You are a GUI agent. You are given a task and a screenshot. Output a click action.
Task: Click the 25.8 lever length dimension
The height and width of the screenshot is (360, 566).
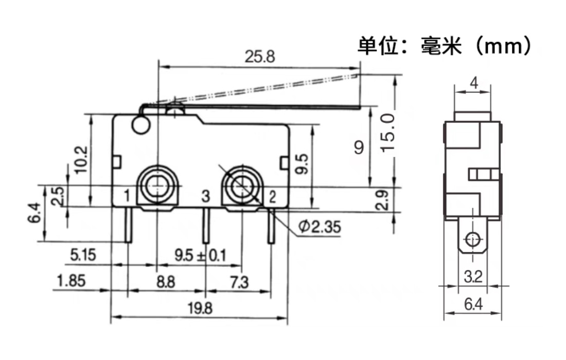tap(259, 57)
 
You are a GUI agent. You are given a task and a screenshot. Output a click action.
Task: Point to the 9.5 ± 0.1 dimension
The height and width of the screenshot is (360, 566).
tap(200, 255)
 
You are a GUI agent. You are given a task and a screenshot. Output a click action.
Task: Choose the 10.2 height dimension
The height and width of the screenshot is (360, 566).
tap(81, 159)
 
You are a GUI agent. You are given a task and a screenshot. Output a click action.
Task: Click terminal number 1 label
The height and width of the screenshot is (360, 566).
tap(125, 195)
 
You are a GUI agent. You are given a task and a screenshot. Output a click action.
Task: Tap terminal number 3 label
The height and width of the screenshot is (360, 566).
tap(205, 196)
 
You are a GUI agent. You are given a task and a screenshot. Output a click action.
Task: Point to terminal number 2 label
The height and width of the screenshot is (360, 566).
tap(272, 196)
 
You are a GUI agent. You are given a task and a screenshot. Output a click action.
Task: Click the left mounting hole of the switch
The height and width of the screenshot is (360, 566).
tap(157, 187)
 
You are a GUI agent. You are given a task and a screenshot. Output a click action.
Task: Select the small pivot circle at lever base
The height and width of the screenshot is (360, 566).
tap(139, 125)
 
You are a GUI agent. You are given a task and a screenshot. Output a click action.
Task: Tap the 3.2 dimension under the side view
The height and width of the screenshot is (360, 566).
tap(472, 278)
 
